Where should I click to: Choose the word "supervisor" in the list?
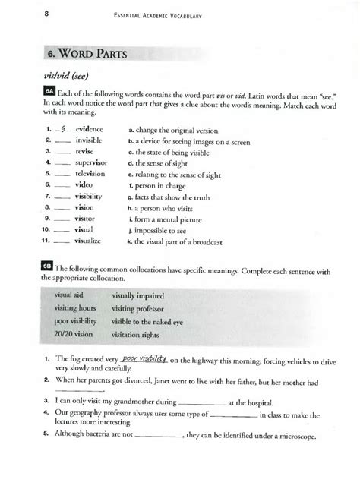click(x=94, y=162)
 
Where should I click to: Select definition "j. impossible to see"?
click(x=159, y=230)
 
